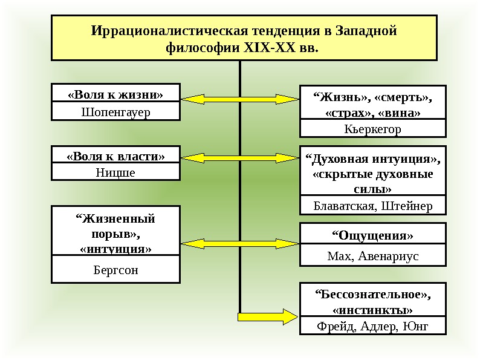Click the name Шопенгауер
coord(115,112)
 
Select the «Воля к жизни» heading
coord(115,94)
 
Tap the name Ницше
coord(115,172)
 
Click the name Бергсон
coord(115,270)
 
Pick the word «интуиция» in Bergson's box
coord(115,248)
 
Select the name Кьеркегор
coord(372,129)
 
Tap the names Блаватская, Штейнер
coord(372,206)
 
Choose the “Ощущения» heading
coord(372,235)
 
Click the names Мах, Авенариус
coord(372,257)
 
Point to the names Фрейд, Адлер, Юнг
coord(372,327)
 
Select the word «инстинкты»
coord(372,310)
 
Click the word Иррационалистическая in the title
coord(160,30)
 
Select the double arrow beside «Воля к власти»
coord(240,157)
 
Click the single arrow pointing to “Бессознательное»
coord(266,316)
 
